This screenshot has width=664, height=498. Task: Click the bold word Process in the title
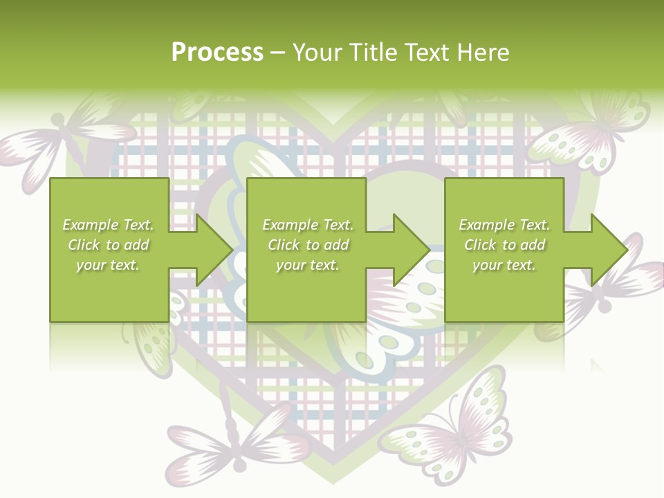click(x=217, y=53)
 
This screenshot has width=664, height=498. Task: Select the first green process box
click(x=109, y=250)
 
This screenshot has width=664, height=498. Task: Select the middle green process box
click(x=306, y=250)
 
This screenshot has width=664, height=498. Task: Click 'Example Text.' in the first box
click(x=108, y=225)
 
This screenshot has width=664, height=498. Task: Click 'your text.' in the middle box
click(x=307, y=265)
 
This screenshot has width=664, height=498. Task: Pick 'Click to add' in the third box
click(x=505, y=245)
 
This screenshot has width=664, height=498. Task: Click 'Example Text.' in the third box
click(x=504, y=225)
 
